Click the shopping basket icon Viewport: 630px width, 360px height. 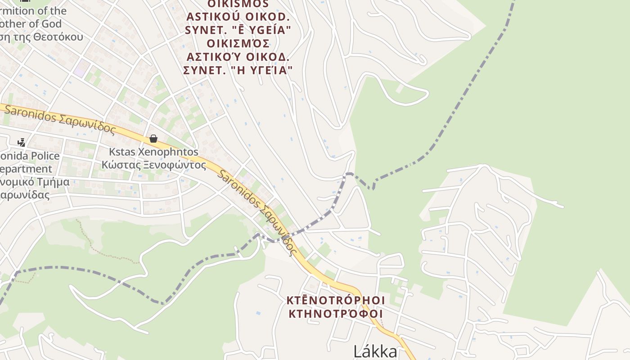tap(153, 138)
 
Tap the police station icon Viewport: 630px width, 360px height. tap(21, 142)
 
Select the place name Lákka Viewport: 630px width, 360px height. tap(375, 351)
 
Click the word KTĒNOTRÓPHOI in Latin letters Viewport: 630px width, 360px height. tap(336, 300)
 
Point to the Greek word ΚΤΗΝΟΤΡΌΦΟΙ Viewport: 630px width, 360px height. tap(336, 314)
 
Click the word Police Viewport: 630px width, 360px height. tap(43, 156)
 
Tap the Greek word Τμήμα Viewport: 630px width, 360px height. tap(53, 182)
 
